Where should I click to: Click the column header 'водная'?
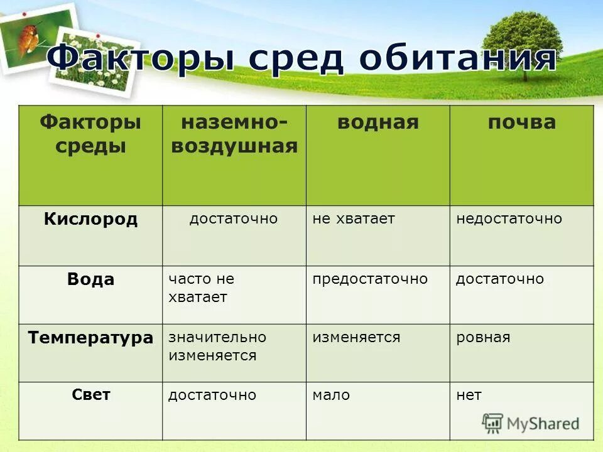(378, 122)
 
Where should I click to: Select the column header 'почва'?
(521, 122)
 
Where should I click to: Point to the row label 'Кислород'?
(90, 219)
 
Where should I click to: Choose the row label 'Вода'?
(90, 279)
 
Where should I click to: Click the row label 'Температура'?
(90, 338)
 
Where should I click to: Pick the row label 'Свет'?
(90, 395)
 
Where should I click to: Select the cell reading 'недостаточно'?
(509, 219)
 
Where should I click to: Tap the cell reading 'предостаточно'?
(370, 279)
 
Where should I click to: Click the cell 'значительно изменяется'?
(217, 346)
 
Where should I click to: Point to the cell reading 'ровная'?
(483, 338)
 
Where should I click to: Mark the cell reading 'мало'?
(331, 395)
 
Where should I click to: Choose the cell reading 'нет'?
(469, 395)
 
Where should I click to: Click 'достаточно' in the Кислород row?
(234, 219)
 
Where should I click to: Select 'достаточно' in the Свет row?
(212, 395)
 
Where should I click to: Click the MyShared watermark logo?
(530, 423)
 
